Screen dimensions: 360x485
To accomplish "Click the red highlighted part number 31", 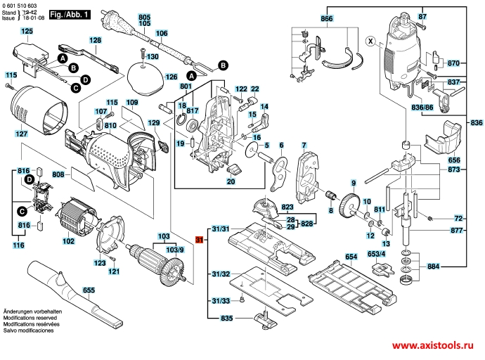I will click(x=199, y=240).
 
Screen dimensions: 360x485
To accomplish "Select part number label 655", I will click(x=89, y=290).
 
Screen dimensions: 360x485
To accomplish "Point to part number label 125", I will click(x=27, y=32).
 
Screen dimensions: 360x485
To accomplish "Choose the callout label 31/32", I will click(x=221, y=273).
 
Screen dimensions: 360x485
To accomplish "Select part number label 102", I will click(x=68, y=241).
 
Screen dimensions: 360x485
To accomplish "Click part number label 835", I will click(x=226, y=319).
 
